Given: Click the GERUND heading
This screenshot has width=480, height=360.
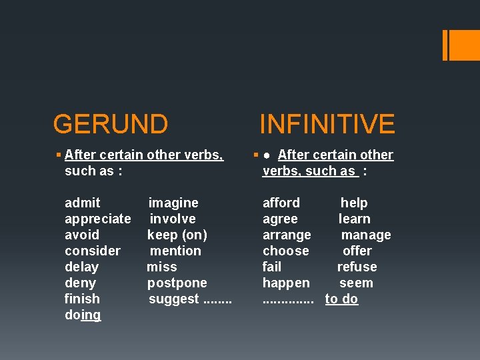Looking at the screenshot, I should tap(110, 124).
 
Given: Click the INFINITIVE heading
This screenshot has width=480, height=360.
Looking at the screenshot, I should tap(327, 124).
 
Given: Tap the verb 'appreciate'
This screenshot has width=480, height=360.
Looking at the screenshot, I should tap(97, 219).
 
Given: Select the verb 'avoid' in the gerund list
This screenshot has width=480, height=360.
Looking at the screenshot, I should tap(82, 235).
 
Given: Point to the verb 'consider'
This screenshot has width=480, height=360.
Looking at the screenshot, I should tap(93, 251).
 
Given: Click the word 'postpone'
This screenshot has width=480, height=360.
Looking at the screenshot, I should tap(177, 283).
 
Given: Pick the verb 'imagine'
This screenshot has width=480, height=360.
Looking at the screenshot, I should tap(173, 203).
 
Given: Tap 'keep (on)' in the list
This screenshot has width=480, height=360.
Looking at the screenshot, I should tap(177, 235).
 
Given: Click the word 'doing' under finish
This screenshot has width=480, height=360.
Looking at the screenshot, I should tap(83, 315).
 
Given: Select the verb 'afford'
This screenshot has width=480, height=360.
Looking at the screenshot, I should tap(281, 203).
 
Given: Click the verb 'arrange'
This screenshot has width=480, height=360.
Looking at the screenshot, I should tap(287, 235).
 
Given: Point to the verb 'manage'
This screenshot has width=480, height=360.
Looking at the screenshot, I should tap(366, 235).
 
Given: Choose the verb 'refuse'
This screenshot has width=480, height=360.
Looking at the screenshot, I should tap(357, 267).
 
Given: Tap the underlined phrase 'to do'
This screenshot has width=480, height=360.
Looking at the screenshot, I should tap(341, 299).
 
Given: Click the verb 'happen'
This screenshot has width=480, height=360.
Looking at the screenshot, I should tap(286, 283).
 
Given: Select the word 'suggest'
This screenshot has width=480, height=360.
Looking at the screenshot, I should tap(173, 299).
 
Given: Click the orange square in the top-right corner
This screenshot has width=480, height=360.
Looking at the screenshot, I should tap(463, 45).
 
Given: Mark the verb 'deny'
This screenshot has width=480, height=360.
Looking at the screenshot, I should tap(81, 283).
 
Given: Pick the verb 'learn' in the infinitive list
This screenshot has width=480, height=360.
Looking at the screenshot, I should tap(354, 219).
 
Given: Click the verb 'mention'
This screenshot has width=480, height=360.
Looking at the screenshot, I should tap(175, 251).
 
